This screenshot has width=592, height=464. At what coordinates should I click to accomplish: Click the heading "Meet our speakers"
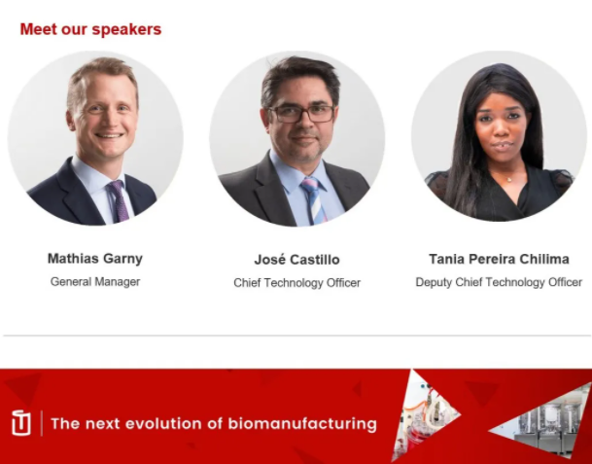pyautogui.click(x=90, y=29)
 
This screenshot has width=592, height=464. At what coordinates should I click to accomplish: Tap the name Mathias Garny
pyautogui.click(x=95, y=259)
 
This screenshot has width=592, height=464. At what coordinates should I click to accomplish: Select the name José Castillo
pyautogui.click(x=296, y=260)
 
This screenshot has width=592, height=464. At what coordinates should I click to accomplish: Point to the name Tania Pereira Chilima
pyautogui.click(x=499, y=259)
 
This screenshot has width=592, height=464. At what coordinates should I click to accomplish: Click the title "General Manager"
pyautogui.click(x=95, y=282)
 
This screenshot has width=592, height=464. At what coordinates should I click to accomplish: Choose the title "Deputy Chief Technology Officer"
pyautogui.click(x=499, y=282)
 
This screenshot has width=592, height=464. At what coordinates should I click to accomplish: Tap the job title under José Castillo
pyautogui.click(x=296, y=283)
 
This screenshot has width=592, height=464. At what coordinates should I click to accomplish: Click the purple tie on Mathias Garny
pyautogui.click(x=119, y=201)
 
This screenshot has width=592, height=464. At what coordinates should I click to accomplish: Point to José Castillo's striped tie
pyautogui.click(x=313, y=201)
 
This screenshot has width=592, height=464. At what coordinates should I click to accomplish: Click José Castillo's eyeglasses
pyautogui.click(x=301, y=114)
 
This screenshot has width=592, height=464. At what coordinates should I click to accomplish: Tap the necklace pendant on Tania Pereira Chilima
pyautogui.click(x=509, y=179)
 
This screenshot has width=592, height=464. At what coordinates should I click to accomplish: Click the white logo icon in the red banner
pyautogui.click(x=21, y=422)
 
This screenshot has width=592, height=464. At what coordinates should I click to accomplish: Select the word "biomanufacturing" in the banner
pyautogui.click(x=302, y=424)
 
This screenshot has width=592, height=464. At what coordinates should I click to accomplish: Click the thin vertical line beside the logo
pyautogui.click(x=42, y=423)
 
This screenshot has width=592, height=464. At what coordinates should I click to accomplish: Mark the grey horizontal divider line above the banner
pyautogui.click(x=296, y=336)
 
